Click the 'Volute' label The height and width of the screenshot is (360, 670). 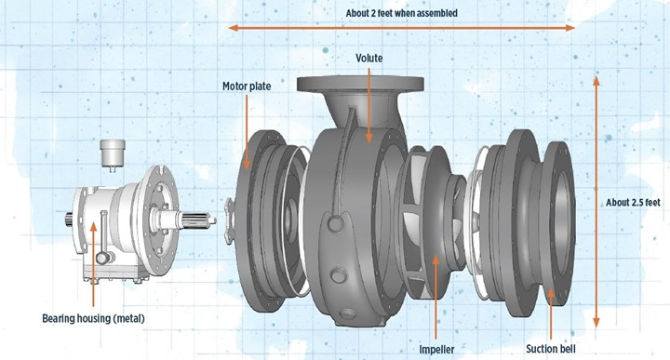[x=369, y=58]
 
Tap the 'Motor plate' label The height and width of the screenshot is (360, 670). [x=247, y=87]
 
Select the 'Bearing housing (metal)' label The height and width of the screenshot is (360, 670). [x=93, y=318]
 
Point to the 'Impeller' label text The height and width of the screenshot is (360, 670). [x=436, y=350]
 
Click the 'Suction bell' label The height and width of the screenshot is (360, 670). [x=551, y=349]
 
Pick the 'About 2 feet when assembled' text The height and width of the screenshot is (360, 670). [x=402, y=13]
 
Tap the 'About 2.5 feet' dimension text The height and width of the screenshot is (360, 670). [x=633, y=203]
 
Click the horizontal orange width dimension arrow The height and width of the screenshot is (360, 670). [x=402, y=28]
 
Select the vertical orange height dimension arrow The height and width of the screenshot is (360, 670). [x=596, y=202]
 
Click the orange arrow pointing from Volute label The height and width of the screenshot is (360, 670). [x=369, y=105]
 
